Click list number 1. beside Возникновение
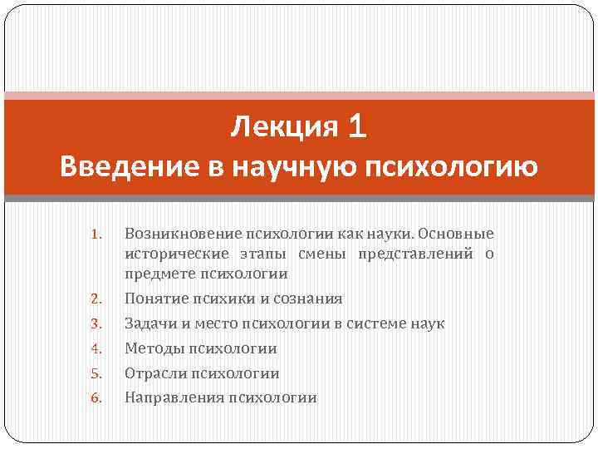[x=96, y=234]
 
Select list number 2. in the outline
[x=96, y=299]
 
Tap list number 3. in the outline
[x=96, y=323]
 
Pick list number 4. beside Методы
[x=96, y=348]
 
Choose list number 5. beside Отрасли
[x=96, y=373]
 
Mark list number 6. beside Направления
[x=96, y=398]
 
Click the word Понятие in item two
[x=154, y=298]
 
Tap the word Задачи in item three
[x=149, y=323]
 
